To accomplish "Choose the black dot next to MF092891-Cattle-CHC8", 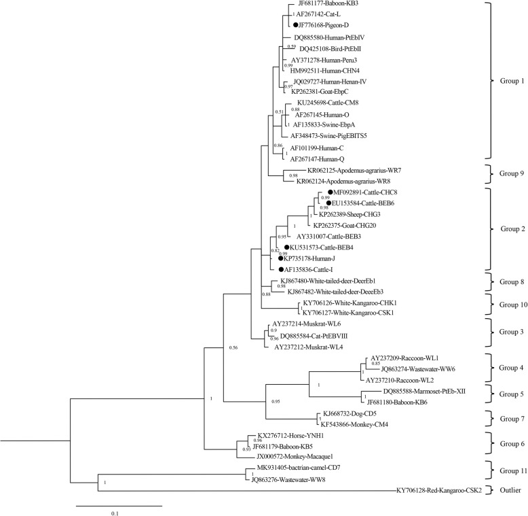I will tap(330, 193).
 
